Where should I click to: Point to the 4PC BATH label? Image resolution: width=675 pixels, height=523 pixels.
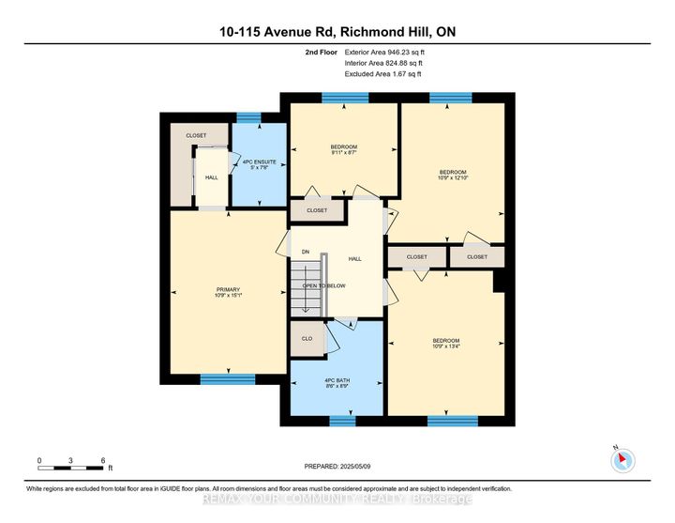pos(337,381)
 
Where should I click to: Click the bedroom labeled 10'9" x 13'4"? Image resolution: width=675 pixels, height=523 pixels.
pos(445,344)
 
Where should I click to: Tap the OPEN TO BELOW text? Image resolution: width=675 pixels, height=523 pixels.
pos(324,285)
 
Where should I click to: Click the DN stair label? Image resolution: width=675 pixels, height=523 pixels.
pos(305,252)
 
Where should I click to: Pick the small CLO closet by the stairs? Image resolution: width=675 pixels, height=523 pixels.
pos(306,338)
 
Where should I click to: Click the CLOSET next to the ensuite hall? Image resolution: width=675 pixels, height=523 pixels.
pos(196,135)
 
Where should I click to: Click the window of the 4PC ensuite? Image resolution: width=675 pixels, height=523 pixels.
pos(247,116)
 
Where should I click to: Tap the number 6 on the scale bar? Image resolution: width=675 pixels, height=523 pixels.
pos(102,460)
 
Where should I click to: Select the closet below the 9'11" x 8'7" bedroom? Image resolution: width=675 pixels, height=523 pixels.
pos(317,210)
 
